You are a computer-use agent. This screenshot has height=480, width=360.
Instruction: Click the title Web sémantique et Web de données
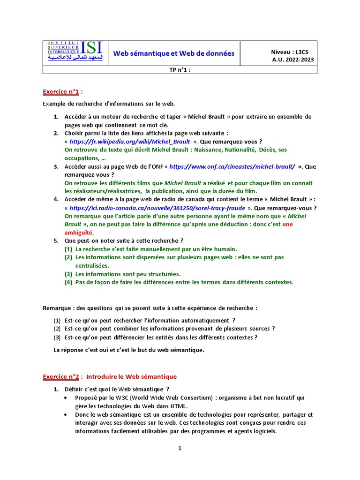click(x=173, y=53)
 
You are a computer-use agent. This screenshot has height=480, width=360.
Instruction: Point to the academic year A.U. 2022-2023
click(x=293, y=60)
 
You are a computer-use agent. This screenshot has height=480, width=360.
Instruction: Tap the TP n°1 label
click(x=180, y=70)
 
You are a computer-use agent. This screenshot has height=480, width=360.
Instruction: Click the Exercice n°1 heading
click(x=61, y=91)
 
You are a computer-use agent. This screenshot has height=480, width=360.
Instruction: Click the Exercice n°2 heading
click(x=61, y=376)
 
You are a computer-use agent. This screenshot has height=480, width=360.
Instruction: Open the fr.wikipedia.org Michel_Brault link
click(x=130, y=142)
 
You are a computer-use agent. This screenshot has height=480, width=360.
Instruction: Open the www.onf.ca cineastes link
click(x=232, y=166)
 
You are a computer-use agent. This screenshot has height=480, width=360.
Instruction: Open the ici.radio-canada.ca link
click(x=157, y=208)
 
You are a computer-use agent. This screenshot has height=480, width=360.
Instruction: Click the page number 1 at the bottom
click(x=180, y=448)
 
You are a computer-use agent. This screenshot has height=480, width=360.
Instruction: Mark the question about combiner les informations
click(x=170, y=329)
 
